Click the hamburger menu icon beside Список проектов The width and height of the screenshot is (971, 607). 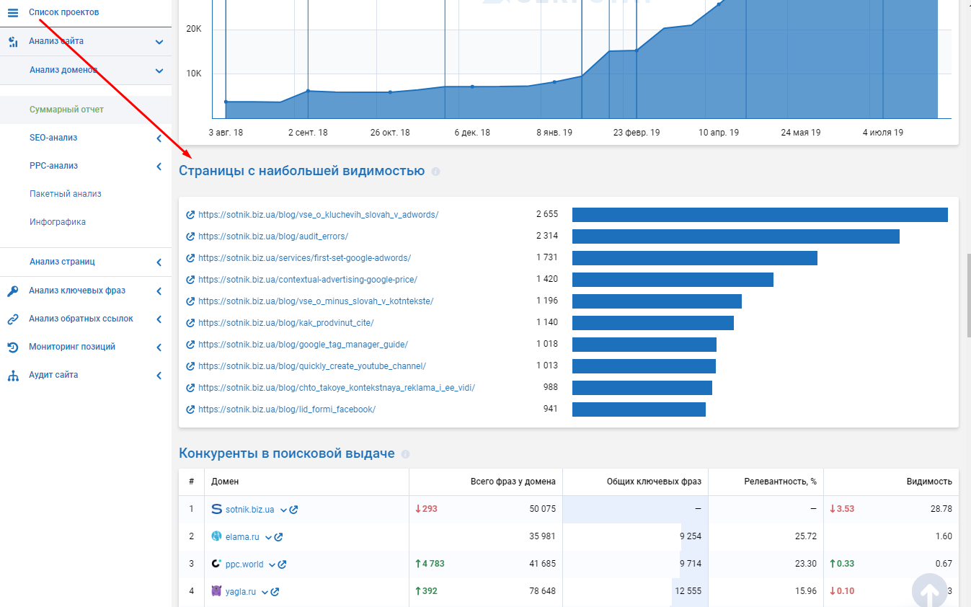click(x=13, y=12)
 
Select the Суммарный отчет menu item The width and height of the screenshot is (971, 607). click(x=66, y=110)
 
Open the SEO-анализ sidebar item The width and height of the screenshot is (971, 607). click(x=53, y=138)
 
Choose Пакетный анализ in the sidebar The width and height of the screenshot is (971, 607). click(x=66, y=194)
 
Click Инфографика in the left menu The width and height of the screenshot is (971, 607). click(x=58, y=222)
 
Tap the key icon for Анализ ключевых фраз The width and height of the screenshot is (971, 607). click(x=13, y=291)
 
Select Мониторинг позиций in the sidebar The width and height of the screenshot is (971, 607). click(x=72, y=347)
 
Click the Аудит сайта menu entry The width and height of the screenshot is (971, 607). click(x=53, y=375)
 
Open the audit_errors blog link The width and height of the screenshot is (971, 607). click(x=273, y=236)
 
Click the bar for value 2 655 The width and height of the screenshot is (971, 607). click(x=760, y=215)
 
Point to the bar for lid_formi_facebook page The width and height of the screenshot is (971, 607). click(x=639, y=409)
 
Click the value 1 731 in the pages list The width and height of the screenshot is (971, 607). click(x=546, y=257)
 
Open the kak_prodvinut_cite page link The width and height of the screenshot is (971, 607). click(x=285, y=323)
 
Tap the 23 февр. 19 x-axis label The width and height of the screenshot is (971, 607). click(x=637, y=133)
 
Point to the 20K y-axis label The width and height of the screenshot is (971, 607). click(x=194, y=29)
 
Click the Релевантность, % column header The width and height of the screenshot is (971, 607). click(x=780, y=482)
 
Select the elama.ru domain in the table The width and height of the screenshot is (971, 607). click(x=242, y=537)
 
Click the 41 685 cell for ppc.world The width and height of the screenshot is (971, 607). click(x=542, y=564)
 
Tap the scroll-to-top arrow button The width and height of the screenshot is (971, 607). click(x=929, y=590)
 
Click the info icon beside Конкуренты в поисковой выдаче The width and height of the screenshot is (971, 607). click(x=405, y=454)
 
